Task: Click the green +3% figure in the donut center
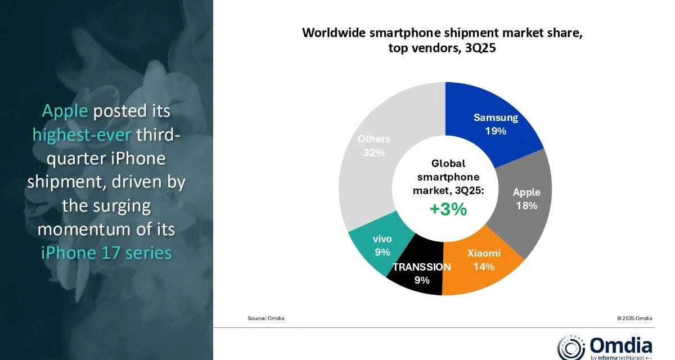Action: (448, 209)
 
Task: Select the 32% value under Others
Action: (373, 152)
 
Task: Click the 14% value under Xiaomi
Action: (484, 267)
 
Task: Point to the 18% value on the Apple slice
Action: (526, 206)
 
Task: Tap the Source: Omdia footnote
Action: (265, 318)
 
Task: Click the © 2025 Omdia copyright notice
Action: (634, 318)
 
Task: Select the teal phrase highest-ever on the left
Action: (82, 135)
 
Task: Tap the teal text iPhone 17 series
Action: (106, 253)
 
